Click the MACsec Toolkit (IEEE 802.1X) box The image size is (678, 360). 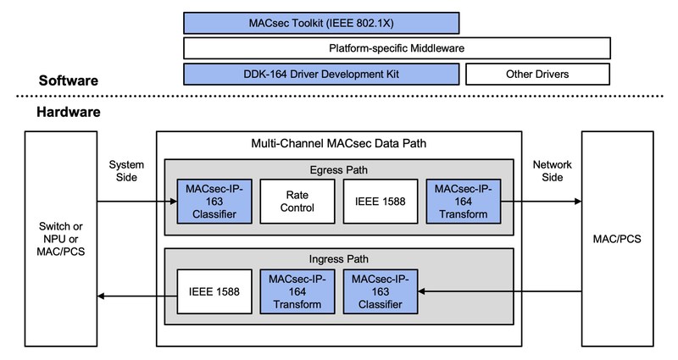320,21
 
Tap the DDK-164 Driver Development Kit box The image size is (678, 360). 320,75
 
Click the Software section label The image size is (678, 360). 68,81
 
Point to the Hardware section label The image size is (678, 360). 69,112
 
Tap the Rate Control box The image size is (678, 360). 290,201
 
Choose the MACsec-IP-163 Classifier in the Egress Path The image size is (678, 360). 207,201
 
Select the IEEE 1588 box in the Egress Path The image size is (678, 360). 373,201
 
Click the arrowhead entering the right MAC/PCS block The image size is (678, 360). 576,202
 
